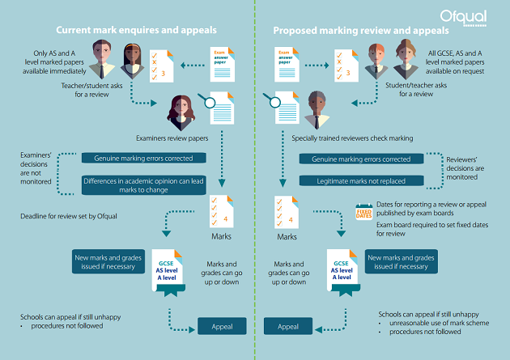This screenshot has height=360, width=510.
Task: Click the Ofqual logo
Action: click(463, 18)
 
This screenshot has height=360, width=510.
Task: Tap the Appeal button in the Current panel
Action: click(222, 326)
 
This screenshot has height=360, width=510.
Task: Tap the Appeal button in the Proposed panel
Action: click(288, 326)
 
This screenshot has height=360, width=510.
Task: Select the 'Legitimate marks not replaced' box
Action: click(361, 180)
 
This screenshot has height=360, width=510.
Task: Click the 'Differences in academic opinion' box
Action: click(143, 185)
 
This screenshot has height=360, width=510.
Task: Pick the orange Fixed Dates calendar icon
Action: click(364, 212)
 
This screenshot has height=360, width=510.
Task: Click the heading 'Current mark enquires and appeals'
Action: click(136, 30)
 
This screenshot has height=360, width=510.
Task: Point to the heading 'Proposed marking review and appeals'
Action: click(361, 31)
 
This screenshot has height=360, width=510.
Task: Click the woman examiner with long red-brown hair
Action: click(181, 112)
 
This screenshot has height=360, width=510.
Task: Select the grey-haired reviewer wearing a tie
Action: click(317, 110)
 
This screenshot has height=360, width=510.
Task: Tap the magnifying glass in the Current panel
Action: click(207, 101)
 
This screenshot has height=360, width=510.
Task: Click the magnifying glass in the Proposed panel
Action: click(273, 100)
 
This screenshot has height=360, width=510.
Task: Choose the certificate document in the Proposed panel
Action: click(342, 273)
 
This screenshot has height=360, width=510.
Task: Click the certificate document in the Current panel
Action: click(168, 273)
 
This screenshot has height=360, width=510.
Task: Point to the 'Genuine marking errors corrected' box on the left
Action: click(143, 158)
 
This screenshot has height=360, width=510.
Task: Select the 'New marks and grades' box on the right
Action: click(401, 261)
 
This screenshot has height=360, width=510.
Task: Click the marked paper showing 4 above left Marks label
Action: click(222, 211)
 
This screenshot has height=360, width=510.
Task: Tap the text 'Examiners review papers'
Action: click(172, 138)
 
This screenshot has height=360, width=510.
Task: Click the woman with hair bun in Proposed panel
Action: click(406, 59)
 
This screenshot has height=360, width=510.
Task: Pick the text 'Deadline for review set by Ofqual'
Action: click(69, 216)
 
